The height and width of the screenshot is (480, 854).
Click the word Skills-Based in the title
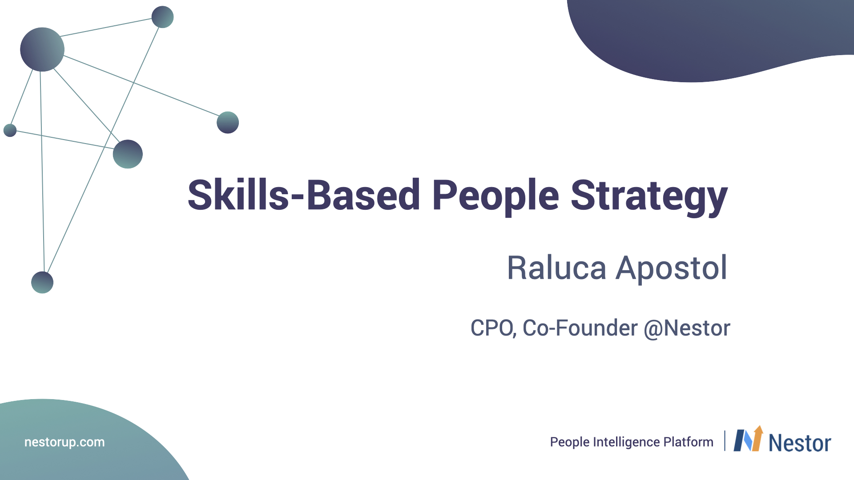coord(304,195)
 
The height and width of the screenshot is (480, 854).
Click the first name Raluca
coord(556,268)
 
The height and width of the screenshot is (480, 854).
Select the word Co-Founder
coord(580,328)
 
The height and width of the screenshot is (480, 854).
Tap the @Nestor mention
coord(687,329)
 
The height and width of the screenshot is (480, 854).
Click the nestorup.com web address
coord(64,442)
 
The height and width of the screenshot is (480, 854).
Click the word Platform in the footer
coord(688,442)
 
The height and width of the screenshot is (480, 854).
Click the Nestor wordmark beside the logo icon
coord(800,443)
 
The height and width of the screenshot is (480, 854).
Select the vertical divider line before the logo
coord(725,441)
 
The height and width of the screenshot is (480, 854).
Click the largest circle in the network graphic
coord(42,49)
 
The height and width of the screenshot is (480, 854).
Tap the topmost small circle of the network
coord(162,17)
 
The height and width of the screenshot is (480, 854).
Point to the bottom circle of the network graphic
coord(42,282)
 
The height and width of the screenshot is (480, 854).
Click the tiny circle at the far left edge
coord(10,130)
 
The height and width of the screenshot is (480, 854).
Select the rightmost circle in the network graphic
coord(228,122)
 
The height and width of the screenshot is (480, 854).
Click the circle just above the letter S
coord(128,154)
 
